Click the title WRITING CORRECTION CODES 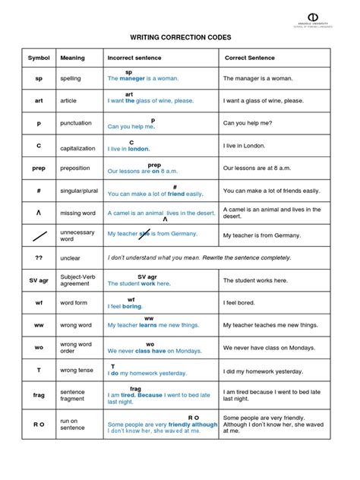click(x=179, y=37)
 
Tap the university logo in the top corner click(x=312, y=17)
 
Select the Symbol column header click(x=38, y=58)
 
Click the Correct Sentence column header click(x=251, y=58)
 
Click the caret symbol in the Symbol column click(x=38, y=213)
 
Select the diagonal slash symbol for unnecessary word click(x=38, y=236)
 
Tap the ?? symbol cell click(x=38, y=258)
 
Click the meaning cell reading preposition click(x=76, y=168)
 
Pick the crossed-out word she click(x=159, y=235)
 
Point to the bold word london click(x=137, y=149)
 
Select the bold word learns click(x=148, y=325)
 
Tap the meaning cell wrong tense click(x=79, y=370)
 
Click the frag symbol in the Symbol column click(x=38, y=395)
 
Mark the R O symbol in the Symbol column click(x=38, y=424)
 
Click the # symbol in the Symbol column click(x=38, y=190)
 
